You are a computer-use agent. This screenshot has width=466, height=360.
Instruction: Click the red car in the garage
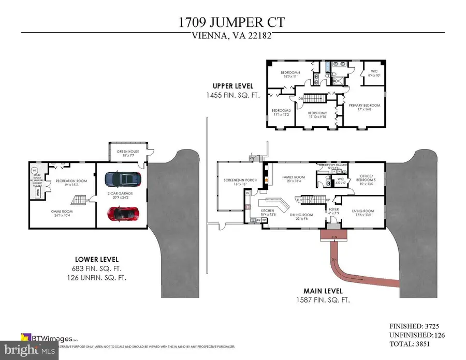coord(122,213)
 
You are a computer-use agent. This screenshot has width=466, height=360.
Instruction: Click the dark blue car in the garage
coord(122,179)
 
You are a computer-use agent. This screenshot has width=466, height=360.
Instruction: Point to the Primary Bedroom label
coord(364,107)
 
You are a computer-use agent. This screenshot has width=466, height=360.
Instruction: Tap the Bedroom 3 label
coord(282,112)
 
